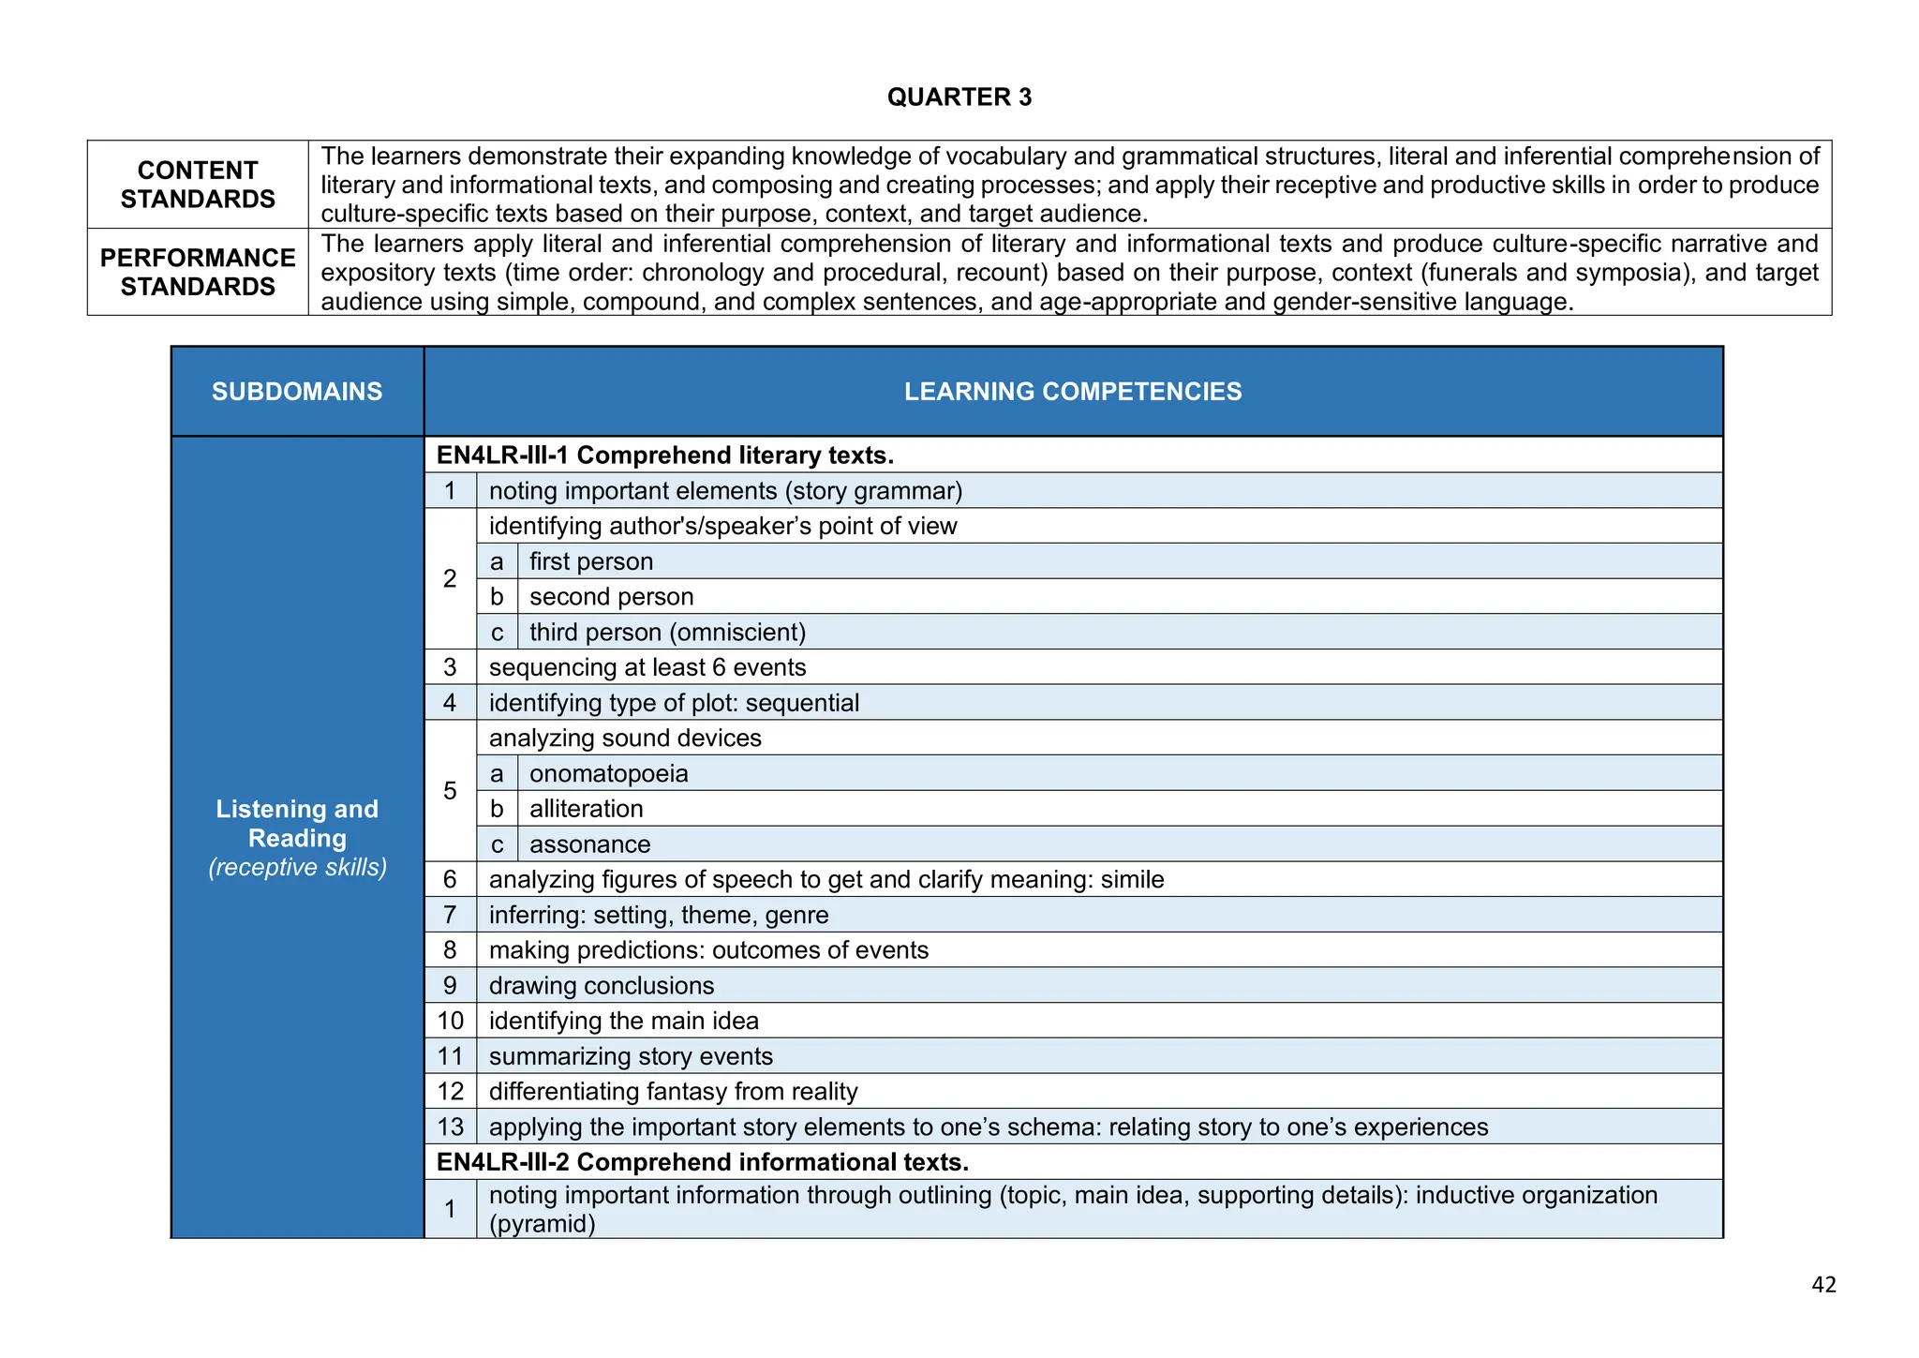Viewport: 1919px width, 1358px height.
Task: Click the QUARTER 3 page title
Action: [959, 97]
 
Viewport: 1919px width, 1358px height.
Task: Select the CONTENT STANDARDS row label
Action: [198, 185]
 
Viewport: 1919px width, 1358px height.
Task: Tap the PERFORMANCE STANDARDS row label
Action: [198, 272]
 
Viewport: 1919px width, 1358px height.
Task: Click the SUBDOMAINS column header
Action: [297, 392]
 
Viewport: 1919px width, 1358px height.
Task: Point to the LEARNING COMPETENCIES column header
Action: [1073, 392]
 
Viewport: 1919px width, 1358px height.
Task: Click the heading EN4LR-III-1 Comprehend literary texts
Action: [665, 455]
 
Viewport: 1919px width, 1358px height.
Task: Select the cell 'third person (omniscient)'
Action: [667, 633]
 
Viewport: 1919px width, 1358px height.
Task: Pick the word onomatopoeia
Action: [608, 774]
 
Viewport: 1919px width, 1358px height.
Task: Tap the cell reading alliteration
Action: [586, 809]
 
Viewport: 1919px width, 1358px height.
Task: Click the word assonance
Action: [589, 844]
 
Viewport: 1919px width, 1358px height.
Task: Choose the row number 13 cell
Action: [451, 1127]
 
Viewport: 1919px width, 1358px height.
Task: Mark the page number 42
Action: [1823, 1285]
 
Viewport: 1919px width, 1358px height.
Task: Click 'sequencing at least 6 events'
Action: [647, 667]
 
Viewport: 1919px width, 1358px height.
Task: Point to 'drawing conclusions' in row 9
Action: [601, 986]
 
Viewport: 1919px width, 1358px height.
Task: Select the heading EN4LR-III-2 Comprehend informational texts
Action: [703, 1162]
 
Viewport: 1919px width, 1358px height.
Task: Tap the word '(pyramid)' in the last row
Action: [542, 1224]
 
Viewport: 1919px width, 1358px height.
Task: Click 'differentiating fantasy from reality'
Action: [673, 1092]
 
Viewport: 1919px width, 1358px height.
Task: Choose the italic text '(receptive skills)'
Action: [297, 868]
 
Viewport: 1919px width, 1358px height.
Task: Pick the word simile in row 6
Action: [1132, 880]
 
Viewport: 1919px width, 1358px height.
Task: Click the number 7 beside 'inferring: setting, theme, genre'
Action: [451, 916]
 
